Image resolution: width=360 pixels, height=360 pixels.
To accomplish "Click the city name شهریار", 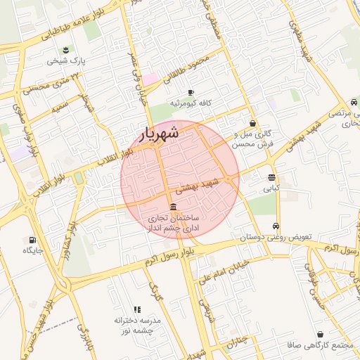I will (157, 132).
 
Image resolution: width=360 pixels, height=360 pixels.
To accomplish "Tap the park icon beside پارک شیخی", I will (66, 49).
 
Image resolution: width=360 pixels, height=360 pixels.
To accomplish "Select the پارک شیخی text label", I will (65, 61).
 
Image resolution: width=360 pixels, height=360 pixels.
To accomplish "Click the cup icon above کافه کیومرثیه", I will (190, 91).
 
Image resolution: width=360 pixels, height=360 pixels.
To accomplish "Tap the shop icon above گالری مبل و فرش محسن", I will (252, 123).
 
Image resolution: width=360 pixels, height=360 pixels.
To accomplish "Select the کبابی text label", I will (271, 188).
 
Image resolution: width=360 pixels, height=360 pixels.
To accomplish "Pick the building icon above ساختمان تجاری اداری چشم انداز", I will (174, 205).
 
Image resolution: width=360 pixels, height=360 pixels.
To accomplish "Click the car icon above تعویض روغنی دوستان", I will (276, 226).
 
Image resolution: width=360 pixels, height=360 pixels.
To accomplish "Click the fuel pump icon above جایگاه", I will (32, 239).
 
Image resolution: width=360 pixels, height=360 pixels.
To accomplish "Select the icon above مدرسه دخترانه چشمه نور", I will (137, 309).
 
